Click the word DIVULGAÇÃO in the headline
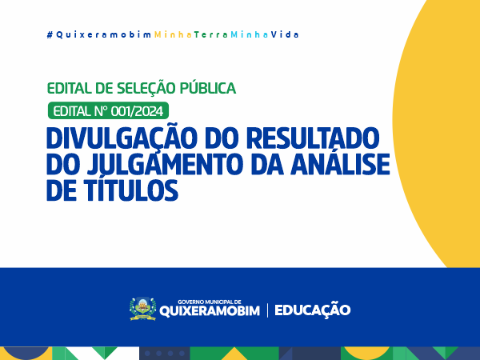[121, 138]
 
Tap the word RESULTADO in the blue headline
[313, 138]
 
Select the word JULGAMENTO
[165, 164]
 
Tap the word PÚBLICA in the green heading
[207, 88]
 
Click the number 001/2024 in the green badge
[137, 111]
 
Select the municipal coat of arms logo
[142, 309]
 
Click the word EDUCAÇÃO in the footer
[312, 310]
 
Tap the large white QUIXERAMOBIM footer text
[210, 311]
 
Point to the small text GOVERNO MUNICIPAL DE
[210, 302]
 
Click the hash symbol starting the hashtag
[50, 35]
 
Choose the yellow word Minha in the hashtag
[173, 34]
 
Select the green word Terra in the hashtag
[211, 35]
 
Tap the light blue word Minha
[250, 34]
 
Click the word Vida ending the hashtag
[285, 34]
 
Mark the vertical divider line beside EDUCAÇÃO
[267, 310]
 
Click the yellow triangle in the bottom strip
[234, 354]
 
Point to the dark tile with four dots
[165, 354]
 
